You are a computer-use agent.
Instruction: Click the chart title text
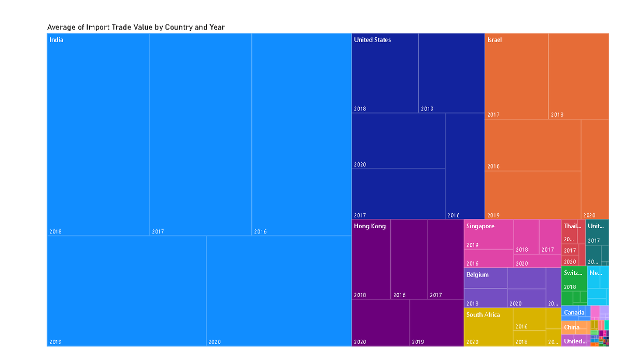(136, 27)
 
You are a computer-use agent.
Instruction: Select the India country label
(56, 40)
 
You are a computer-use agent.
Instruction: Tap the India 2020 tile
(278, 290)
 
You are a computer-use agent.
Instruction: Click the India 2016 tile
(301, 135)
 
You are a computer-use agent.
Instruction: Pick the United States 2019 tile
(451, 73)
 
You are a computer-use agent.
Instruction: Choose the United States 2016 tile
(464, 166)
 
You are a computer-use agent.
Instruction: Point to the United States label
(372, 40)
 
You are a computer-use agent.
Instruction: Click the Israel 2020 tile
(595, 169)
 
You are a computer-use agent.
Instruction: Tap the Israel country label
(494, 40)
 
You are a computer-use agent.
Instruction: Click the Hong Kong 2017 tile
(445, 259)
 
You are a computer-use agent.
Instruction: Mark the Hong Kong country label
(370, 226)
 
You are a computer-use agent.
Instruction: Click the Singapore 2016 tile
(488, 258)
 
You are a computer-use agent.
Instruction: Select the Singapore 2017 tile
(549, 237)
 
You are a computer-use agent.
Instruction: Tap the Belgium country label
(477, 275)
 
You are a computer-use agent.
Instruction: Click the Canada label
(574, 312)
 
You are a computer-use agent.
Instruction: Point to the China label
(572, 327)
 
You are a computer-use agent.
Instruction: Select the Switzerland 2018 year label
(570, 287)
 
